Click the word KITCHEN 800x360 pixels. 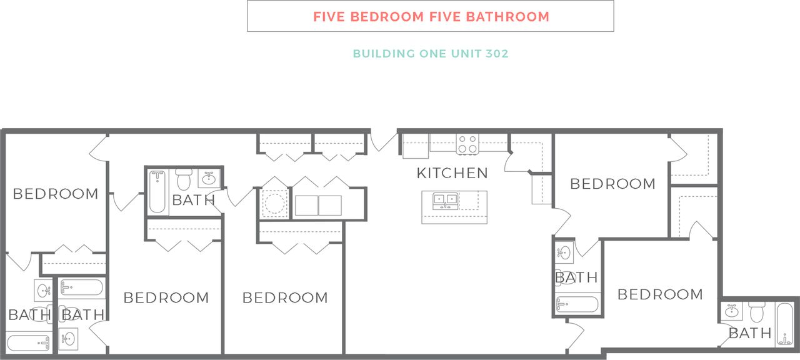pos(452,173)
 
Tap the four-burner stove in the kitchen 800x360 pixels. pos(467,144)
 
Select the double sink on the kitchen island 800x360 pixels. pos(446,201)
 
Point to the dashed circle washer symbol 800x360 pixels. pos(274,204)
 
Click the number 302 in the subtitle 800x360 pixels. pos(497,54)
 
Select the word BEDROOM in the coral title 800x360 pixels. pos(387,17)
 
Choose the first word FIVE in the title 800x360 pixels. pos(329,17)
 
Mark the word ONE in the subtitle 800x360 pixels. pos(433,54)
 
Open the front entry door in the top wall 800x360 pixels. pos(384,141)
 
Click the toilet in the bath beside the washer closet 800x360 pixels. pos(184,179)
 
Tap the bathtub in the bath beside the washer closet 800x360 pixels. pos(157,191)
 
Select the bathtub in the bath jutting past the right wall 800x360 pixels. pos(784,324)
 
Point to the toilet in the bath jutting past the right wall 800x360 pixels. pos(756,312)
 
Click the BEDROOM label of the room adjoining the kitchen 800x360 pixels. pos(613,184)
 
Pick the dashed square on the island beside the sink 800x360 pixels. pos(469,201)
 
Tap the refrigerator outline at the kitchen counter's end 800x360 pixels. pos(416,146)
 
